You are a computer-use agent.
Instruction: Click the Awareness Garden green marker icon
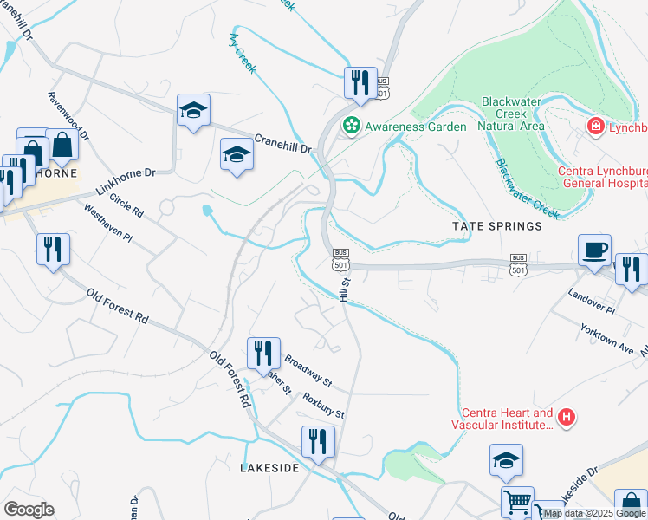coord(352,126)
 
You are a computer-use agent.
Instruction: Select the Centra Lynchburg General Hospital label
coord(602,177)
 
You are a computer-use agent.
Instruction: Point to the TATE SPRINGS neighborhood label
coord(496,226)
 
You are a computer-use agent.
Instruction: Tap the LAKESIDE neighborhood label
coord(269,468)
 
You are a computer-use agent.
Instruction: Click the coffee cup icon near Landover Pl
coord(594,250)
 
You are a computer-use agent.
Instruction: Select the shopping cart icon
coord(517,501)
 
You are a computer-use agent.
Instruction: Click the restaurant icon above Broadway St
coord(263,353)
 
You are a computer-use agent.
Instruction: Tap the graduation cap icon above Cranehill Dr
coord(194,110)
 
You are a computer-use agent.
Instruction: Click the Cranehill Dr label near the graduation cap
coord(282,144)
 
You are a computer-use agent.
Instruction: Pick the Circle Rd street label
coord(126,206)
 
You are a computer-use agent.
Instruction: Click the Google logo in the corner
coord(29,509)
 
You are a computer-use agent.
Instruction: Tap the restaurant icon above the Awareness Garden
coord(360,83)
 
